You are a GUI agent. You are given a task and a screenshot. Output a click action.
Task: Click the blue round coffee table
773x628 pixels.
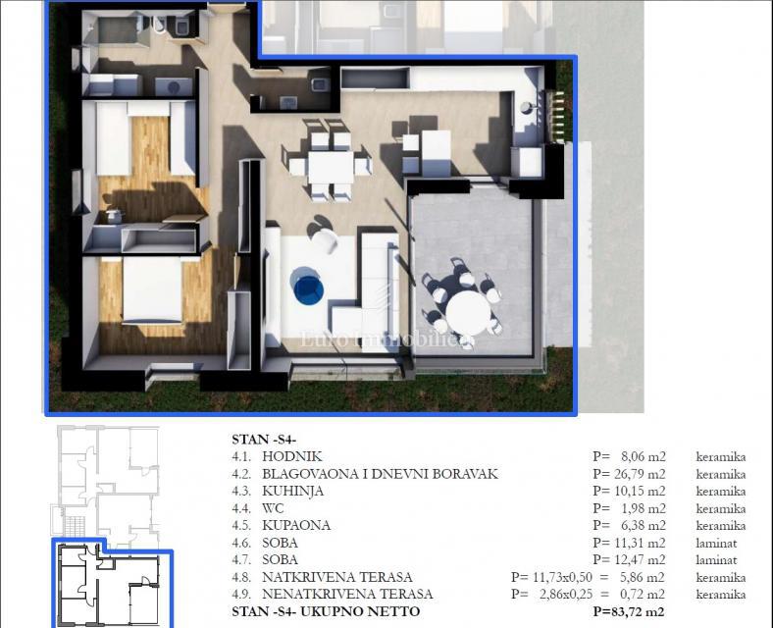tap(309, 287)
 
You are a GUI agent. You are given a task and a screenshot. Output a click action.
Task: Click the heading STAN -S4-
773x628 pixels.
tap(263, 440)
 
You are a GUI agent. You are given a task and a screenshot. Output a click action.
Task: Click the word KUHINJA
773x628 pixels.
tap(292, 491)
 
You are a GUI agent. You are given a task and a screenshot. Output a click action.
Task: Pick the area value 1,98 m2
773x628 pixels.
tap(643, 508)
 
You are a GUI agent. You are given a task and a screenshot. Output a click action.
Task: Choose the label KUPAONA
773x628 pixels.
tap(295, 525)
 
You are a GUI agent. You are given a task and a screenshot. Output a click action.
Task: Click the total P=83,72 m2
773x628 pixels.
tap(629, 612)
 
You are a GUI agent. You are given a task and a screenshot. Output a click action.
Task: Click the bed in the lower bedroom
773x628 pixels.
tap(151, 291)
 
